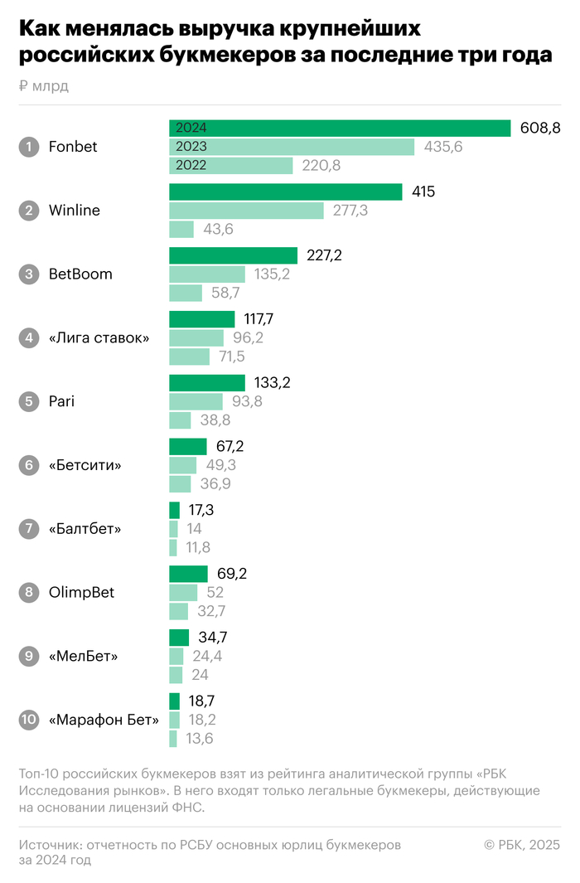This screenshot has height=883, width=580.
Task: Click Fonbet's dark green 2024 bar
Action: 340,128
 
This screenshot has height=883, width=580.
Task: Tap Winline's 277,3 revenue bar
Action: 246,211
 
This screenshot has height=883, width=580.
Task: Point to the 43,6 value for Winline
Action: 217,230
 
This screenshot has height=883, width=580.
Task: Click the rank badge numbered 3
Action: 29,274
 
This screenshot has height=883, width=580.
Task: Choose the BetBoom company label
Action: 80,274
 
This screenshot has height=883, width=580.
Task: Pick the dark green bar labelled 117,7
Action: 202,319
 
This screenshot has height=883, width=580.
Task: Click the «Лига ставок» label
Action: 99,338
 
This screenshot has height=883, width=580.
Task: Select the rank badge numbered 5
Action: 29,401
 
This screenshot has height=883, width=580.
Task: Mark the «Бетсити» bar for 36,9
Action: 180,484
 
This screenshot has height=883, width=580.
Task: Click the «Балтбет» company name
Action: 85,529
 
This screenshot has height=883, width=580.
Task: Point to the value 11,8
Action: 200,548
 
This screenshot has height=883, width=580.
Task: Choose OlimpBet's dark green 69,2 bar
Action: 188,574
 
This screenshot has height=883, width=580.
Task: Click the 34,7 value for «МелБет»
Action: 214,638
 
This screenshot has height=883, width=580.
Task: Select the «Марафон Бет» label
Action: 104,720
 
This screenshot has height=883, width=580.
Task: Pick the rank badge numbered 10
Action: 29,720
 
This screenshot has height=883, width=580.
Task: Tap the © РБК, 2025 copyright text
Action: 522,845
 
